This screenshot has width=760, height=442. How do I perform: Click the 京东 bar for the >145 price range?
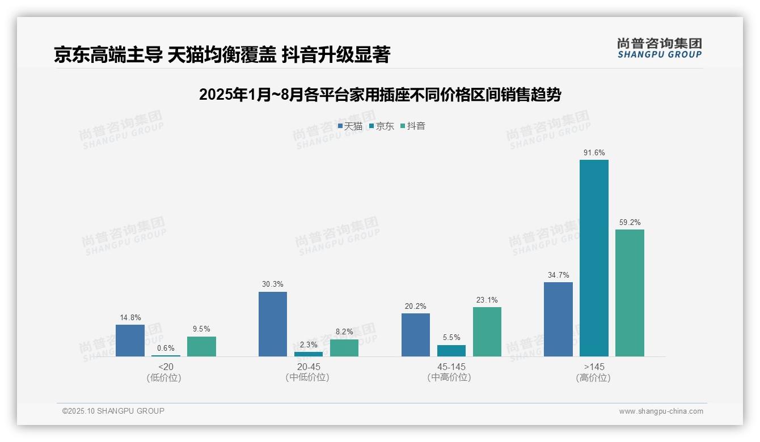pyautogui.click(x=594, y=258)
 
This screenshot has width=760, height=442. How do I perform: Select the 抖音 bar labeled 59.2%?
pyautogui.click(x=630, y=292)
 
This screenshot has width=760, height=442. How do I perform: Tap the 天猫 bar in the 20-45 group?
pyautogui.click(x=273, y=324)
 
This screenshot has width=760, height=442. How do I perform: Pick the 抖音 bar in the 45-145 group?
pyautogui.click(x=487, y=331)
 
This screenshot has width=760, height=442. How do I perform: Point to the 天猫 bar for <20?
pyautogui.click(x=130, y=341)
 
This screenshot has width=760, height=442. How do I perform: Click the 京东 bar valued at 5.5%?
pyautogui.click(x=451, y=351)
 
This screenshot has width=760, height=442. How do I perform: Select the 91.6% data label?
pyautogui.click(x=594, y=152)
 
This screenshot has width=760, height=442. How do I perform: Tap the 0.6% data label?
pyautogui.click(x=166, y=348)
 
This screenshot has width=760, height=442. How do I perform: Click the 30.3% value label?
pyautogui.click(x=273, y=284)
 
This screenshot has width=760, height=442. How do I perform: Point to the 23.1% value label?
pyautogui.click(x=487, y=300)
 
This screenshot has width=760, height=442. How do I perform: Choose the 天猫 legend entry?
pyautogui.click(x=350, y=126)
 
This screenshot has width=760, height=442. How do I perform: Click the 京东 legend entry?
pyautogui.click(x=381, y=126)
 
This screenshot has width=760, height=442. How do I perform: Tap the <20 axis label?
pyautogui.click(x=166, y=367)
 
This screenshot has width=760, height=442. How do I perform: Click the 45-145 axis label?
pyautogui.click(x=451, y=367)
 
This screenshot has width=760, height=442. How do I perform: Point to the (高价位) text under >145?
pyautogui.click(x=594, y=377)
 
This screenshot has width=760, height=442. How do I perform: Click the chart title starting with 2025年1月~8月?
pyautogui.click(x=379, y=95)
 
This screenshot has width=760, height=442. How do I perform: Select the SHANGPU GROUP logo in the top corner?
pyautogui.click(x=659, y=48)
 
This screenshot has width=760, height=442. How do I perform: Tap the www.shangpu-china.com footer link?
pyautogui.click(x=661, y=411)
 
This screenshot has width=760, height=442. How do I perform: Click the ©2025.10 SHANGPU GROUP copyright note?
pyautogui.click(x=113, y=411)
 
